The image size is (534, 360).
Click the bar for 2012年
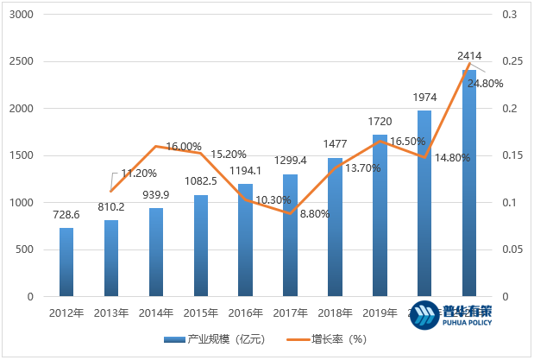click(66, 262)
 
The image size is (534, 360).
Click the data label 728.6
click(66, 216)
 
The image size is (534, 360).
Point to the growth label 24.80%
click(485, 84)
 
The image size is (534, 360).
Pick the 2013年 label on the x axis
click(112, 313)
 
